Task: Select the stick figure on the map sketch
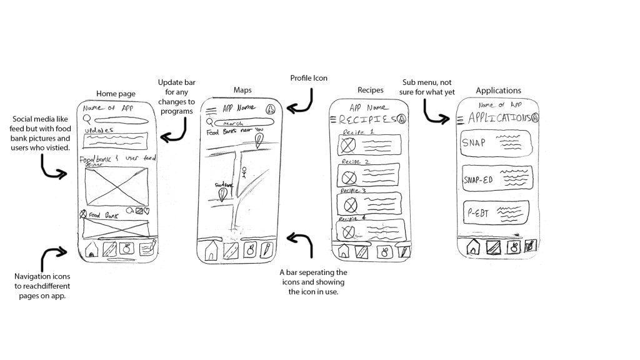[245, 172]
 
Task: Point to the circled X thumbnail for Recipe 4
[346, 232]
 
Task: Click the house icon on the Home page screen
[92, 249]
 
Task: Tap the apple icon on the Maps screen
[250, 251]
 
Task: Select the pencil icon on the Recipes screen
[404, 252]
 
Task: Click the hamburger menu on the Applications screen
[461, 119]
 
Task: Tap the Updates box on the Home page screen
[115, 140]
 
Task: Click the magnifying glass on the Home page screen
[87, 119]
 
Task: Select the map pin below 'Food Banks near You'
[259, 146]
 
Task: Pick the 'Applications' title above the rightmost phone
[498, 91]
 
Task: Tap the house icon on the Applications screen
[473, 247]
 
